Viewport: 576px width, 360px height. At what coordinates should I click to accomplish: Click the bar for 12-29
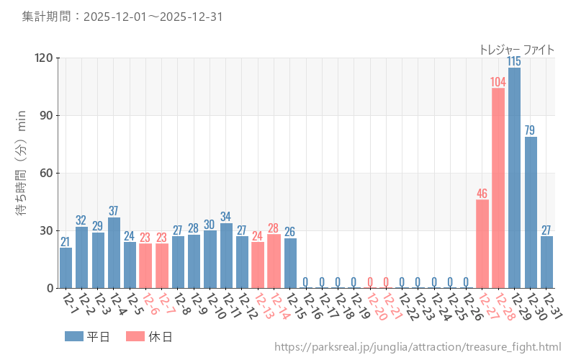click(514, 178)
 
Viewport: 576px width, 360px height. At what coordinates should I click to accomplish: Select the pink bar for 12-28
click(498, 188)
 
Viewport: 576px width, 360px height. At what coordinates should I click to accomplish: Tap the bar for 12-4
click(114, 253)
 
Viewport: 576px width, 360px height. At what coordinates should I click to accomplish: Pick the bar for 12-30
click(531, 212)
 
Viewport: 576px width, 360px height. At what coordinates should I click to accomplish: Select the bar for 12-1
click(66, 268)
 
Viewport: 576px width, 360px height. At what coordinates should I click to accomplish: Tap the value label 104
click(498, 81)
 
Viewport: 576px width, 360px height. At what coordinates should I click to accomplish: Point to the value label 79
click(531, 130)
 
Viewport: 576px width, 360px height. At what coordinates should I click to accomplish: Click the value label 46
click(482, 194)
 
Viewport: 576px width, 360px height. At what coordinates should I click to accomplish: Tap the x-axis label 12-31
click(552, 305)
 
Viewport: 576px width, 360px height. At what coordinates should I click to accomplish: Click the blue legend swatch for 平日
click(74, 336)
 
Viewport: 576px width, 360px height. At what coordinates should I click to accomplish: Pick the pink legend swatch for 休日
click(135, 336)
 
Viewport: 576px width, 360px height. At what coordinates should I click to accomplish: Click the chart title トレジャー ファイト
click(517, 50)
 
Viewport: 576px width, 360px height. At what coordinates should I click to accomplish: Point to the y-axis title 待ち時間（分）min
click(21, 161)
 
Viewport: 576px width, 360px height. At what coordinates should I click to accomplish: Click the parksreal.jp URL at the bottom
click(418, 347)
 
